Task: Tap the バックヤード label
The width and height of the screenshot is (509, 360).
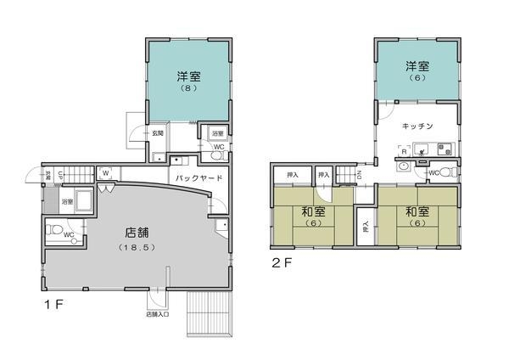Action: point(199,178)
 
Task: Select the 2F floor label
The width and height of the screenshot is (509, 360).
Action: point(282,262)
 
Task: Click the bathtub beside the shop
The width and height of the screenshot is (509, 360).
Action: point(83,203)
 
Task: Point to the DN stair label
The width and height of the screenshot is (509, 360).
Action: point(360,173)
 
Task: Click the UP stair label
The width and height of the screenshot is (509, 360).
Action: point(62,175)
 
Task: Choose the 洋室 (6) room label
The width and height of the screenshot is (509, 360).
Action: point(417,71)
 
